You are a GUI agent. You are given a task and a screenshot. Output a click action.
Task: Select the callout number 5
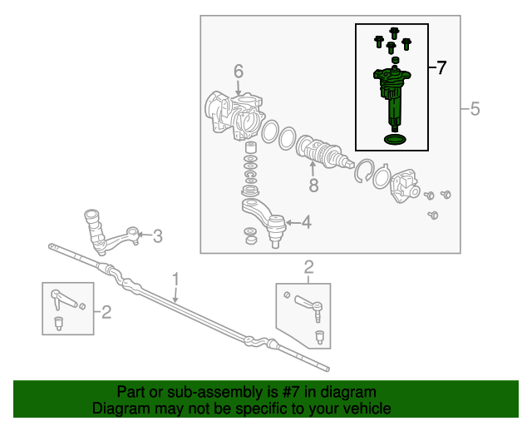tap(475, 109)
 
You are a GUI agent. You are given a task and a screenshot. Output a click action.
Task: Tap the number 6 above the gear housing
tap(238, 72)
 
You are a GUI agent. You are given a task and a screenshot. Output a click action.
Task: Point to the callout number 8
tap(313, 186)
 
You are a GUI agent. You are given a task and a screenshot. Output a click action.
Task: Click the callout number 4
tap(307, 222)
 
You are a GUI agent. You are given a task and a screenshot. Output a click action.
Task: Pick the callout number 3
tap(158, 236)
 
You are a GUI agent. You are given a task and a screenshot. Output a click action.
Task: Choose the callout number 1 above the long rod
tap(175, 277)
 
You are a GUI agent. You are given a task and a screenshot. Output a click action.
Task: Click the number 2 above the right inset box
tap(308, 267)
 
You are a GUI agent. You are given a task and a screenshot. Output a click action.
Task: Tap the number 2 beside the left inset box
tap(106, 312)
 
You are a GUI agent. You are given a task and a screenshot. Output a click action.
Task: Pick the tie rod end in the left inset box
tap(64, 297)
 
